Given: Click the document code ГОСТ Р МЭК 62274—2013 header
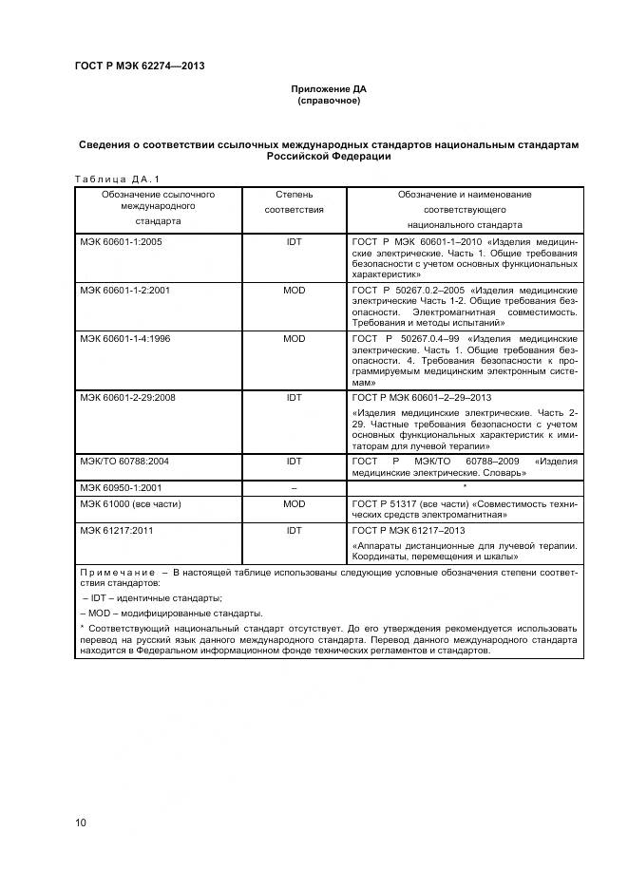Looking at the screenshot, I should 139,66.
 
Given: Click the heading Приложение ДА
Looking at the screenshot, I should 329,88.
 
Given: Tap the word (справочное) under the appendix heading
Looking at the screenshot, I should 329,100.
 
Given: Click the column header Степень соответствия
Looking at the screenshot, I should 294,201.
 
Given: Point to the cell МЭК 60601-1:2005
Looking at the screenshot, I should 122,242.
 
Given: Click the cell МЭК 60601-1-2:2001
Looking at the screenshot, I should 125,290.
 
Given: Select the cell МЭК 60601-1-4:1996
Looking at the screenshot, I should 125,338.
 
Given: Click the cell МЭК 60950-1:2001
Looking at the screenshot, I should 122,487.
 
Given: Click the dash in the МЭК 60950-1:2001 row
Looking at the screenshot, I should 294,487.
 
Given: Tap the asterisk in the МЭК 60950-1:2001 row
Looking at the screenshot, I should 464,486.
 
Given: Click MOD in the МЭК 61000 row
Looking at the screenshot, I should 294,503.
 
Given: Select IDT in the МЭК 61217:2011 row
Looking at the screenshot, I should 294,531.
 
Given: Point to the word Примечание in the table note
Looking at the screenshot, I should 117,573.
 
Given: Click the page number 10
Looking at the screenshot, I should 81,822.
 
